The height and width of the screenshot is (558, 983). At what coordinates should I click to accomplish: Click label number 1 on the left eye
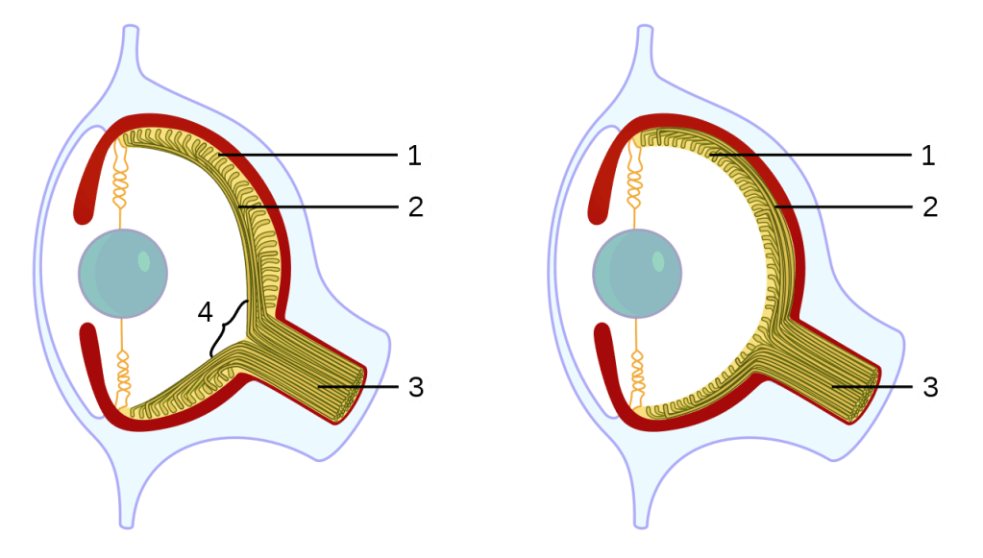415,154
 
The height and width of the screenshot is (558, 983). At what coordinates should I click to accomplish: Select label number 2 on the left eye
415,206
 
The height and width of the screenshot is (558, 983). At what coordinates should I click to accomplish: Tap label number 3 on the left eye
415,387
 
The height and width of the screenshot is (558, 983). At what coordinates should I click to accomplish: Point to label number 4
204,311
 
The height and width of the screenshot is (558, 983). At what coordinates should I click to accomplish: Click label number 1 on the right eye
928,154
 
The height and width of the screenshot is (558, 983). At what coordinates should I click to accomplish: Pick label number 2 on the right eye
928,206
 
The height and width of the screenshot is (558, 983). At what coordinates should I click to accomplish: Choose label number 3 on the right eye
928,387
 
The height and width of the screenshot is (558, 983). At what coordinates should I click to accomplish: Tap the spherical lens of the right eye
637,273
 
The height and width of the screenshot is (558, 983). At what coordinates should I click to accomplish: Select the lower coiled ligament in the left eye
122,377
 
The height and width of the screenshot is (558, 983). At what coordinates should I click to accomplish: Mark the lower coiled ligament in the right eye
636,377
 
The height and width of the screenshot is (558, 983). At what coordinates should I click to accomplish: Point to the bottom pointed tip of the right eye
641,519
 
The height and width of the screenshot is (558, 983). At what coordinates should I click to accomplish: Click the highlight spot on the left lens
143,260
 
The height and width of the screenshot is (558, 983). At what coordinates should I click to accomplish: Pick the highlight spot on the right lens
658,260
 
